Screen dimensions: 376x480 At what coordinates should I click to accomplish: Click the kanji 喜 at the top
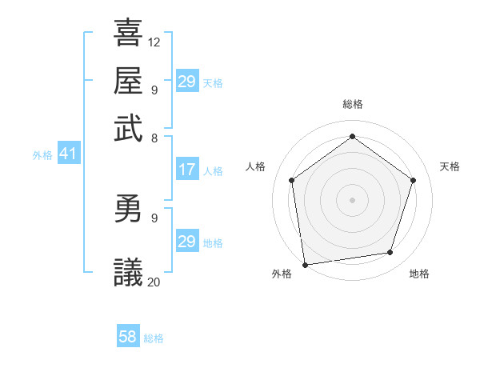click(x=128, y=34)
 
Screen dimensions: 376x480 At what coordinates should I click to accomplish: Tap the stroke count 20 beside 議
click(x=154, y=281)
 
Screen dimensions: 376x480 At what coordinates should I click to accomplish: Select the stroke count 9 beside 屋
click(x=154, y=90)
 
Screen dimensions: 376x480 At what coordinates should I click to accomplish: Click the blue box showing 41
click(x=68, y=154)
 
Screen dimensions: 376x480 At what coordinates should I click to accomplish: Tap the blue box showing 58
click(x=128, y=337)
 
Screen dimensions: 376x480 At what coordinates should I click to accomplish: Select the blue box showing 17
click(x=187, y=170)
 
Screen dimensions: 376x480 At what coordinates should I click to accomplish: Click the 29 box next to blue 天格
click(x=187, y=82)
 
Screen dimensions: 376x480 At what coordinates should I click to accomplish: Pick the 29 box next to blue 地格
click(x=187, y=242)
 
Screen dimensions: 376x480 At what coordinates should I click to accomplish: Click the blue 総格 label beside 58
click(x=154, y=338)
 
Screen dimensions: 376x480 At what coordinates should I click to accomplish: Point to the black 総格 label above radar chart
click(x=352, y=105)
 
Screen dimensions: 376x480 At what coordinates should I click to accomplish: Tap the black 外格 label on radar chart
click(x=282, y=274)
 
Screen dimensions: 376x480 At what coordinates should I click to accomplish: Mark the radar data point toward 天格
click(x=413, y=180)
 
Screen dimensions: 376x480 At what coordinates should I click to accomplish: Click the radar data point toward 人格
click(x=292, y=180)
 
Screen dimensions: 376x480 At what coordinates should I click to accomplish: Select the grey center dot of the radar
click(x=352, y=199)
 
